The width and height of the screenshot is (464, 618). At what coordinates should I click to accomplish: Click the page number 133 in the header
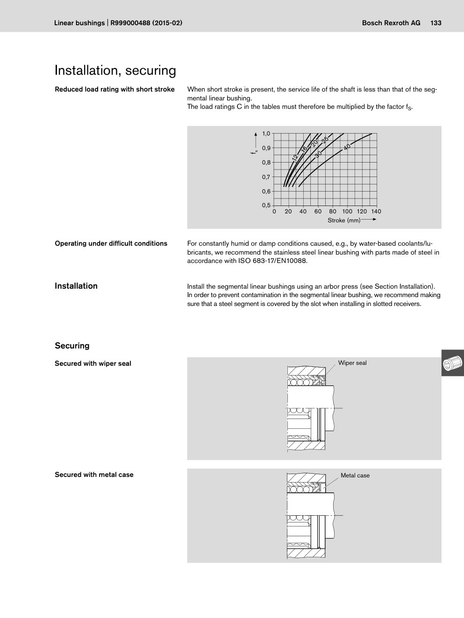436,23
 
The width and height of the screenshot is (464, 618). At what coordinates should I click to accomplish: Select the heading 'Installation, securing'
115,71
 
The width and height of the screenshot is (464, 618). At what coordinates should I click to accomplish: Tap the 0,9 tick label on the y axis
266,148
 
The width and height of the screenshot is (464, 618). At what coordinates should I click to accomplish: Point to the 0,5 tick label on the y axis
266,205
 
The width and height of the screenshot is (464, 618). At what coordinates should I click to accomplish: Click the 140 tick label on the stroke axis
376,212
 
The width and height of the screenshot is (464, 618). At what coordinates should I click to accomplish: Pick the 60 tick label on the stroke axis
318,212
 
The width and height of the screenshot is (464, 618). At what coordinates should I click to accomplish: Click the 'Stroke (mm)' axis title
344,220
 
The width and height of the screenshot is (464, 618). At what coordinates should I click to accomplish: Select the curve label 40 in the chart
347,146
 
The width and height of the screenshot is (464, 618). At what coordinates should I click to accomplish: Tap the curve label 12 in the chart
294,158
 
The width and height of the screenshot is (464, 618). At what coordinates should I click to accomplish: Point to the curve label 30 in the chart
318,154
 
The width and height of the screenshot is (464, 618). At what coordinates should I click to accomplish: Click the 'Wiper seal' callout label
352,363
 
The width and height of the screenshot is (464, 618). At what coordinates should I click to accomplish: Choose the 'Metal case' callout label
355,476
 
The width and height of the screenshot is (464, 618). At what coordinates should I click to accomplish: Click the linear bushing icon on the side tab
452,363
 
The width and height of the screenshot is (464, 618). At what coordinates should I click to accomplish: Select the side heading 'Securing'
72,346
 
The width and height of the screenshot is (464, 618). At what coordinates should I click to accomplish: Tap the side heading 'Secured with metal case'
94,475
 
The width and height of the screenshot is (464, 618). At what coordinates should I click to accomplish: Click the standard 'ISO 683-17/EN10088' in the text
273,261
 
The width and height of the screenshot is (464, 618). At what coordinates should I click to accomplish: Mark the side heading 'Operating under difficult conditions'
111,243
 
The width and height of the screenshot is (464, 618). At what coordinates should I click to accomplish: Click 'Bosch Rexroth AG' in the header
391,23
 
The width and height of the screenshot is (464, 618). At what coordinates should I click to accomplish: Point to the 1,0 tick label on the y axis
266,134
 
